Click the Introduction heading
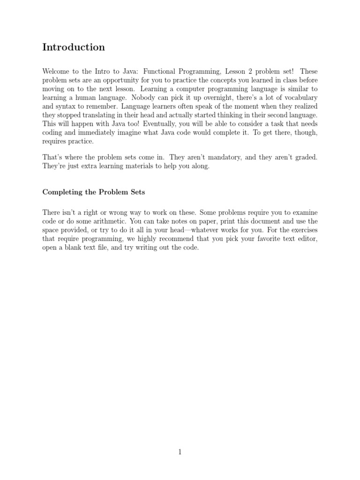point(74,47)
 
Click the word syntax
point(67,106)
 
